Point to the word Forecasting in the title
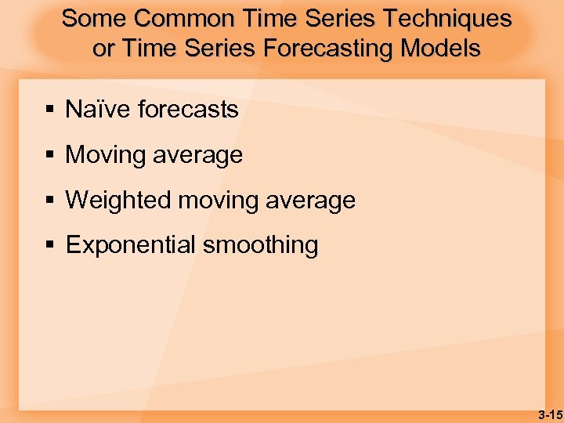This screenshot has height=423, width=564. pyautogui.click(x=328, y=49)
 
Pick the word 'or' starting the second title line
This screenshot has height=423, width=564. pyautogui.click(x=102, y=49)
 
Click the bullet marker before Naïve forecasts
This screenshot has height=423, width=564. pyautogui.click(x=49, y=110)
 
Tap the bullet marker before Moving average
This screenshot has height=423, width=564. pyautogui.click(x=49, y=155)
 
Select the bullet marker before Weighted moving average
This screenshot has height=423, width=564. pyautogui.click(x=49, y=201)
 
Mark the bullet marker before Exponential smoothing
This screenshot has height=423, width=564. pyautogui.click(x=49, y=245)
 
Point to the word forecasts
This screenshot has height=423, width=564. pyautogui.click(x=187, y=110)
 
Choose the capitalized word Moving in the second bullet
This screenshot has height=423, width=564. pyautogui.click(x=104, y=155)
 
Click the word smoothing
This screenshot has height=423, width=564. pyautogui.click(x=260, y=245)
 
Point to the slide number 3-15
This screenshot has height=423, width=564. pyautogui.click(x=549, y=414)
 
